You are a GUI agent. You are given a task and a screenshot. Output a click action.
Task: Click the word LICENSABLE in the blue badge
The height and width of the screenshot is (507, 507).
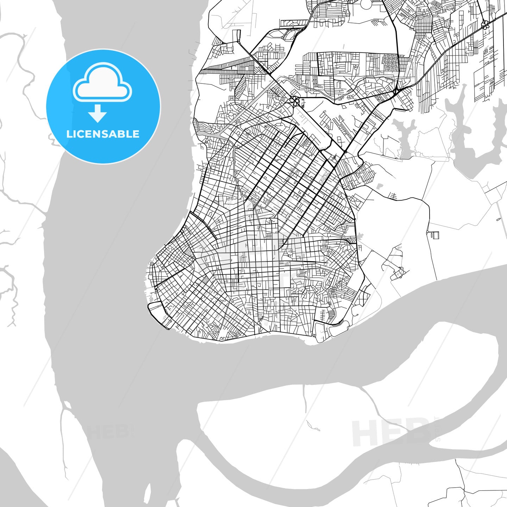(x=103, y=134)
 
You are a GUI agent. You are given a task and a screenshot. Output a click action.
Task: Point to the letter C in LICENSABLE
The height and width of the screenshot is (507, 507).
(x=84, y=134)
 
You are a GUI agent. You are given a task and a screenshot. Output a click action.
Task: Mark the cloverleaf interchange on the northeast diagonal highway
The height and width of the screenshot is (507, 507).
(x=485, y=24)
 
